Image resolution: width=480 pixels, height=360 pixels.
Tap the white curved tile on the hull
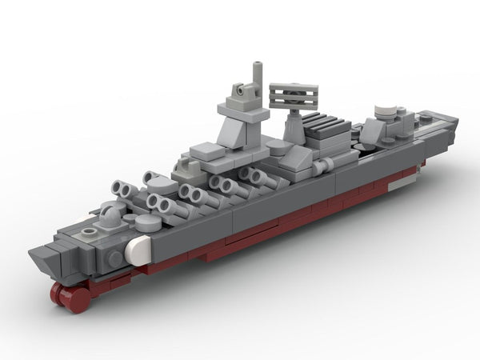click(x=139, y=250)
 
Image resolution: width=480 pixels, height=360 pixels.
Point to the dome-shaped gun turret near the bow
click(x=109, y=214)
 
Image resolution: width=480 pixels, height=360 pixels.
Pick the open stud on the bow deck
click(x=87, y=232)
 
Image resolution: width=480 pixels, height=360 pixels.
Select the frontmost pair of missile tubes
click(x=125, y=190)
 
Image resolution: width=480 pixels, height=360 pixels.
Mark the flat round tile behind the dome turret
click(x=146, y=222)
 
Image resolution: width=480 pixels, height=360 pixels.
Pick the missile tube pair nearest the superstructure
click(x=254, y=177)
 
